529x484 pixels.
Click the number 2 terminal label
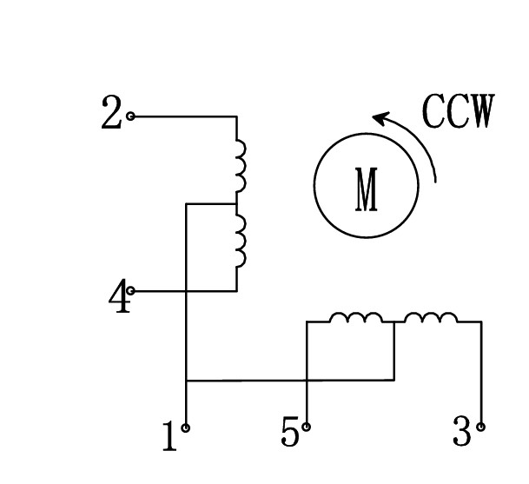[x=111, y=114]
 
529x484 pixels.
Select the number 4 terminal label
[x=119, y=300]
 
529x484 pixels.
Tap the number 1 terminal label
[x=169, y=437]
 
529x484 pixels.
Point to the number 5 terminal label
[x=290, y=432]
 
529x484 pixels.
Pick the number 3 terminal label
[x=462, y=432]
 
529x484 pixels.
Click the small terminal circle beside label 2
[x=131, y=116]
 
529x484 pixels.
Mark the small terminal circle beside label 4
[x=131, y=291]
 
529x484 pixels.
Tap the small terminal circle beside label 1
[x=186, y=428]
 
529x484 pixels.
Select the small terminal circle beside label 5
[x=307, y=427]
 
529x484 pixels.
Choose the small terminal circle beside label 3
[x=481, y=427]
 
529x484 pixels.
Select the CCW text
[x=457, y=112]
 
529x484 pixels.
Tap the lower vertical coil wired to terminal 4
[x=239, y=242]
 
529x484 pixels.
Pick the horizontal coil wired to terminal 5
[x=355, y=319]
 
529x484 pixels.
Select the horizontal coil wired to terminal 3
[x=431, y=319]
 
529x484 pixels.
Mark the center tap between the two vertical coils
[x=236, y=204]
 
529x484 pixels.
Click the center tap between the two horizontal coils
[x=394, y=322]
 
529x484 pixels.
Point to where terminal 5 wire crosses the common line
[x=307, y=380]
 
